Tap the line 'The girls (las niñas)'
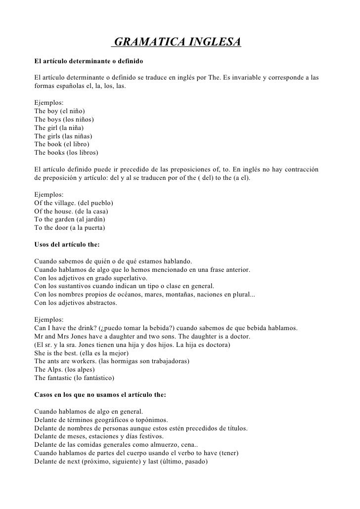(x=63, y=136)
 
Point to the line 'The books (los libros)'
(x=66, y=152)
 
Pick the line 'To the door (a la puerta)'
(x=70, y=228)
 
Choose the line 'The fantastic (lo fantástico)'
(x=74, y=378)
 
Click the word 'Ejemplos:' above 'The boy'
(x=48, y=103)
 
